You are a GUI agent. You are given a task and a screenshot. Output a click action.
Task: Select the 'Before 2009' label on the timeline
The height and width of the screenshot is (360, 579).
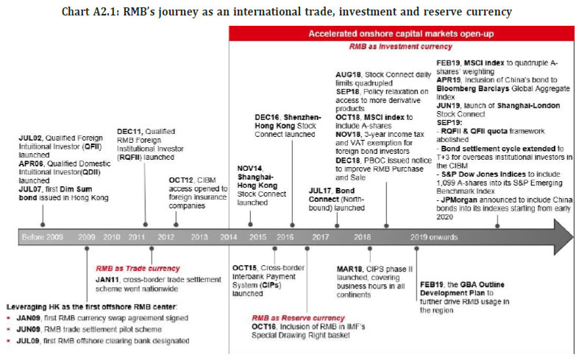point(43,238)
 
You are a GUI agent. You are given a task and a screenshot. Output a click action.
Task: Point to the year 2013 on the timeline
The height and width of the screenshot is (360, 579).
point(199,238)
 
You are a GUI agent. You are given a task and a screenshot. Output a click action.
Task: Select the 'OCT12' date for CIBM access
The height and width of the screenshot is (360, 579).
point(181,158)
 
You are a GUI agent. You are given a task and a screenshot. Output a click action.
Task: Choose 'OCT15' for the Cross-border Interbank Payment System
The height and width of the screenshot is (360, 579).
point(244,267)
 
